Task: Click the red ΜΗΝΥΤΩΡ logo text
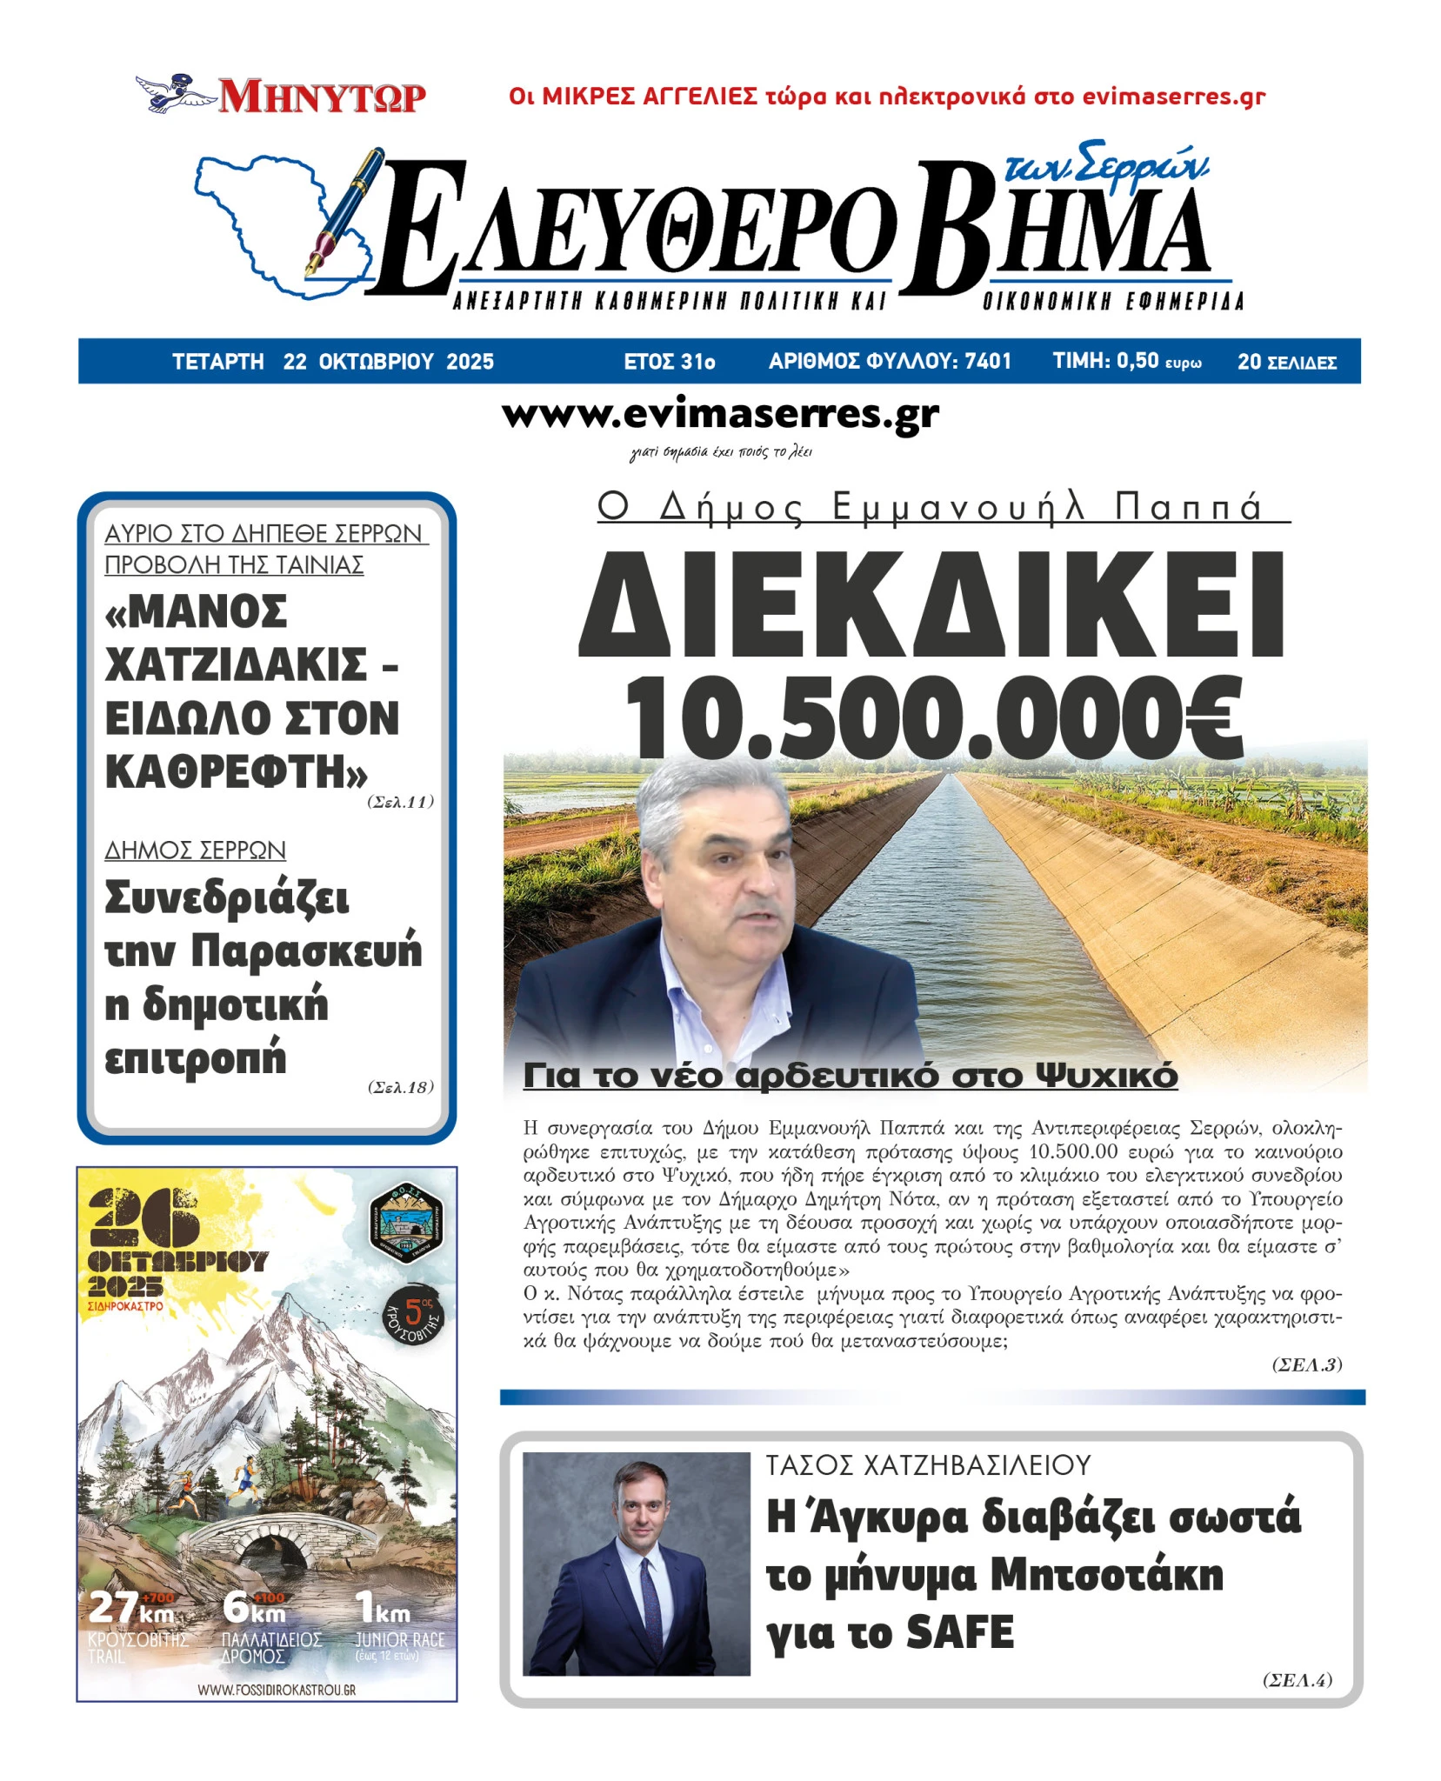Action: [322, 97]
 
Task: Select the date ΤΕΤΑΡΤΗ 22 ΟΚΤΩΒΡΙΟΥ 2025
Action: [332, 362]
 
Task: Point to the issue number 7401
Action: [988, 361]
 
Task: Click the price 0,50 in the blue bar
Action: [1137, 361]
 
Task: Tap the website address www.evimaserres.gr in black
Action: [720, 415]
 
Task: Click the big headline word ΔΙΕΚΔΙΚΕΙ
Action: [931, 606]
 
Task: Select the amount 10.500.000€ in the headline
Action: [934, 720]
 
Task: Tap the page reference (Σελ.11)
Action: [400, 802]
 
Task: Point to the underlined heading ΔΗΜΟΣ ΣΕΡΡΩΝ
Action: [195, 850]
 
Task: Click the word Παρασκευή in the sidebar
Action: [306, 951]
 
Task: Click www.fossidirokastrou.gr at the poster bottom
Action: [276, 1691]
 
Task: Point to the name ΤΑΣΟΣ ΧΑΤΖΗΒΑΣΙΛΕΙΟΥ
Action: [928, 1465]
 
